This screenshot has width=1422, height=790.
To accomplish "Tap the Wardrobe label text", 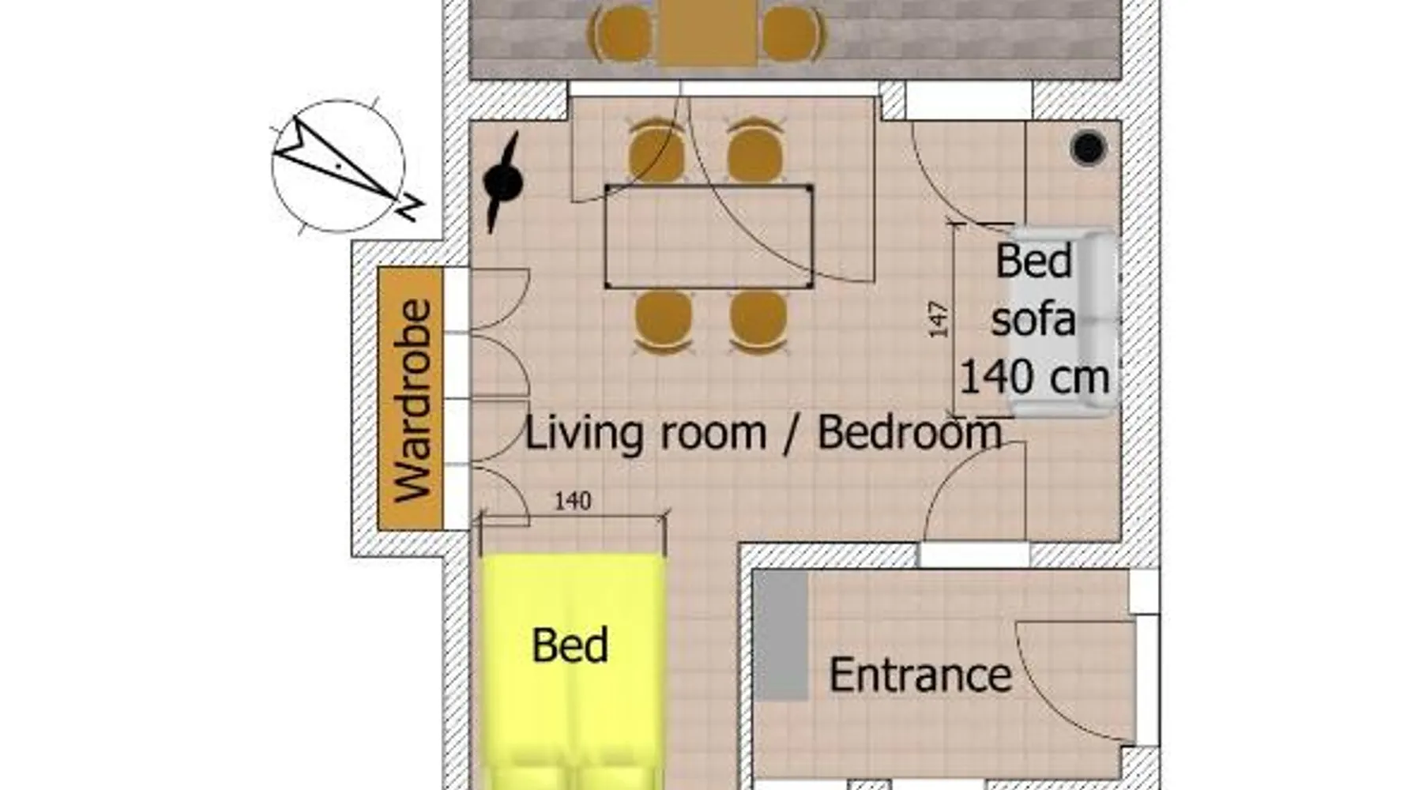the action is (413, 401).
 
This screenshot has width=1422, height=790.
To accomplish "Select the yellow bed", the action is (571, 671).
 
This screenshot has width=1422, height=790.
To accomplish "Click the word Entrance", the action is (920, 675).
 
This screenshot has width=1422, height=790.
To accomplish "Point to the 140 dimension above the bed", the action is (573, 501).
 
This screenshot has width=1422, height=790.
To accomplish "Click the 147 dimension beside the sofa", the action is (938, 319).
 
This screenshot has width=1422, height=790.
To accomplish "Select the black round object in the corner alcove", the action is (1089, 147).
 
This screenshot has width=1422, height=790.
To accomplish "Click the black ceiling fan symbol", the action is (502, 182).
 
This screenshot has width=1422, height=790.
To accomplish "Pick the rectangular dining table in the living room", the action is (709, 237).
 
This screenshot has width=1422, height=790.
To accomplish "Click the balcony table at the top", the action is (709, 32).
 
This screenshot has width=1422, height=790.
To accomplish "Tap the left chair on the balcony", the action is (622, 33).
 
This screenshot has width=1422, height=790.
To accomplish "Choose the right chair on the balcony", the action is (792, 33).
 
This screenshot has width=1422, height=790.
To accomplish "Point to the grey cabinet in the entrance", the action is (781, 636).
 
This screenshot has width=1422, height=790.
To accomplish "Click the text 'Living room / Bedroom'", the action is (763, 434).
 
